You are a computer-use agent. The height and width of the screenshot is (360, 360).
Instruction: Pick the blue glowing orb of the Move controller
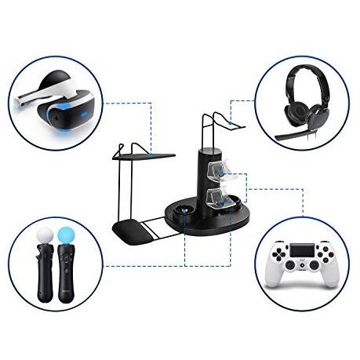tap(66, 234)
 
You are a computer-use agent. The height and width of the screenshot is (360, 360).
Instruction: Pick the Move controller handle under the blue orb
tap(66, 275)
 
